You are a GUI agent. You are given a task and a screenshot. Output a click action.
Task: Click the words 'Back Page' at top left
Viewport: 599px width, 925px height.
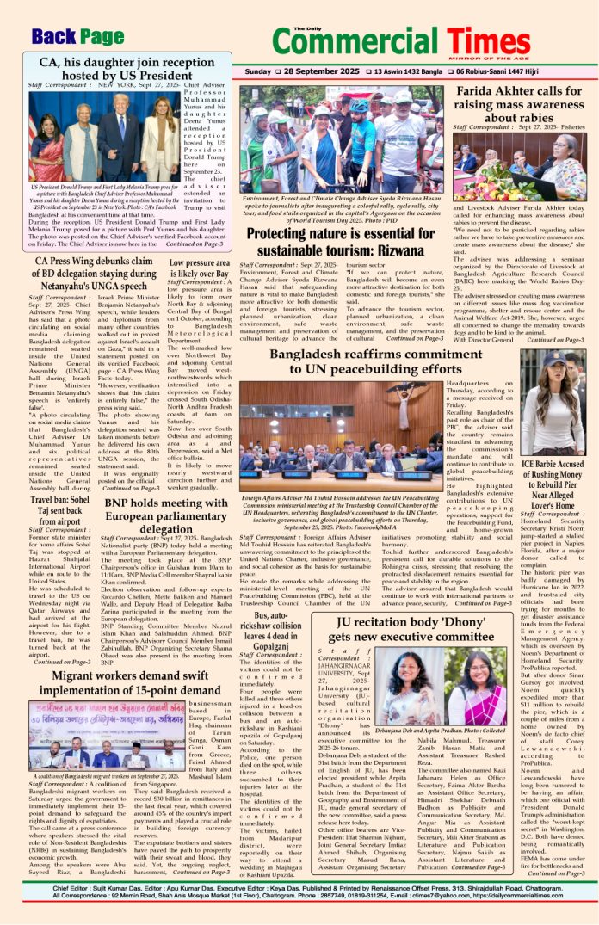tap(77, 36)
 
